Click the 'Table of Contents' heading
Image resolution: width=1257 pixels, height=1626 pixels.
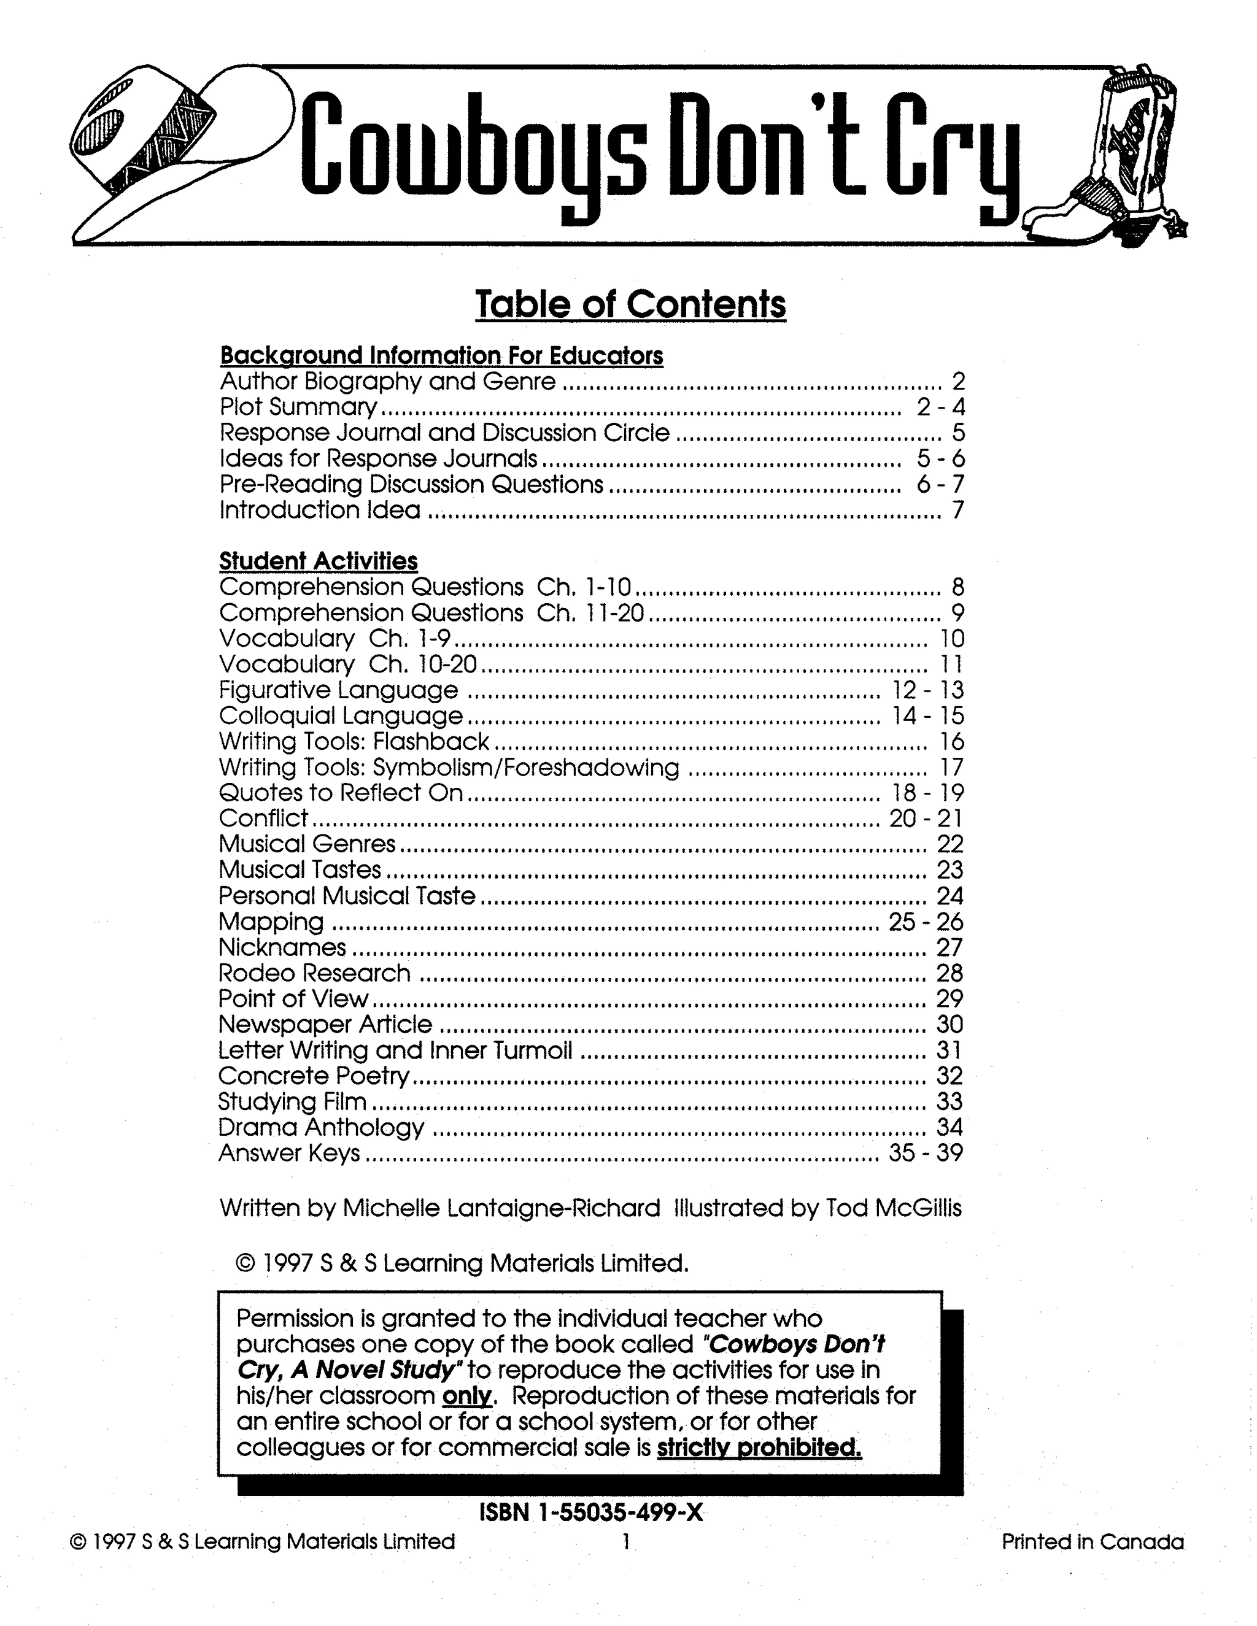[630, 304]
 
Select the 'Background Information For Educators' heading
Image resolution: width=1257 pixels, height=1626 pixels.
[441, 356]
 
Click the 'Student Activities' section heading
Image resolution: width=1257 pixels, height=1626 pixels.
[318, 561]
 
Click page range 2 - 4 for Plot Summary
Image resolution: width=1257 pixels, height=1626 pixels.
[940, 407]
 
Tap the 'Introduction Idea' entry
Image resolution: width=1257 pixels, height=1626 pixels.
[320, 510]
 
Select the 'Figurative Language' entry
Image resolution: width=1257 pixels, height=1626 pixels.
[339, 690]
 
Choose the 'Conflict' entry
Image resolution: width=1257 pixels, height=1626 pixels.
[263, 818]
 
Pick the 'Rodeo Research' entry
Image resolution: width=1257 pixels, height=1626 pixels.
[314, 973]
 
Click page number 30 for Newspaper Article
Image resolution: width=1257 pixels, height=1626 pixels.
[950, 1025]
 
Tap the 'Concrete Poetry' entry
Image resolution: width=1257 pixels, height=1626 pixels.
[314, 1076]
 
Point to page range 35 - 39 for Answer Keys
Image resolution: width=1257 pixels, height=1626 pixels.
[926, 1154]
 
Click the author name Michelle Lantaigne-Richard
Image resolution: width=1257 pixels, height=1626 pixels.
[500, 1208]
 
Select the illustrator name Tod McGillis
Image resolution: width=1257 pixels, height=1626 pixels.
[894, 1208]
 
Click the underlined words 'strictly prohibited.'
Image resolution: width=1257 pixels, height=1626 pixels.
[759, 1447]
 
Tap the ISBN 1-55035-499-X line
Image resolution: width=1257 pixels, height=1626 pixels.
[590, 1513]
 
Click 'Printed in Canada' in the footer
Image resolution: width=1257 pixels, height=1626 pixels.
[1093, 1541]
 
